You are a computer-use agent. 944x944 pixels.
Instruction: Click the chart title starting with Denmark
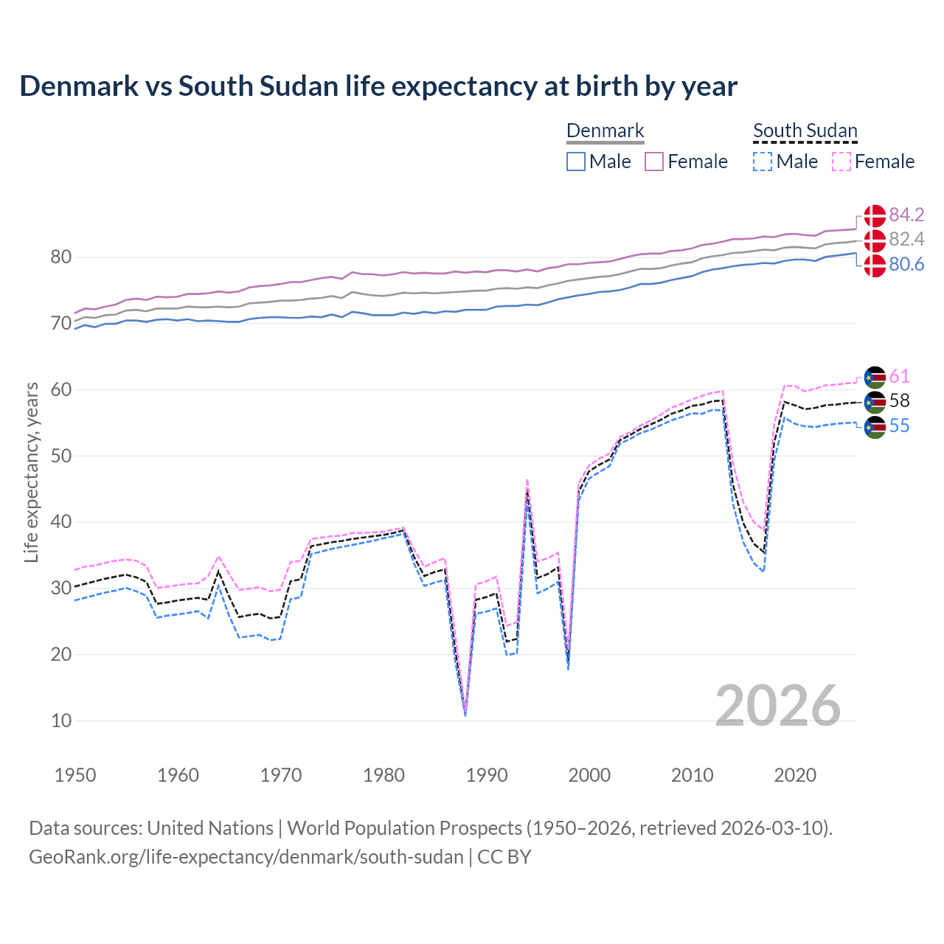click(x=378, y=86)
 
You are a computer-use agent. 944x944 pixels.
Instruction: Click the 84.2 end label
click(x=906, y=215)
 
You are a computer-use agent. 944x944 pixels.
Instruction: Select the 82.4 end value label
click(x=906, y=239)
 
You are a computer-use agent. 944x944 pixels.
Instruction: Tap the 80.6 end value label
click(x=906, y=264)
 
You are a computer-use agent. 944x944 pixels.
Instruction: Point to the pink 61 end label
click(x=899, y=376)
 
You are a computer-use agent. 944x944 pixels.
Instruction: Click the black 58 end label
click(x=899, y=400)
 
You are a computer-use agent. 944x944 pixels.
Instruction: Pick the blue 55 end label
click(x=899, y=426)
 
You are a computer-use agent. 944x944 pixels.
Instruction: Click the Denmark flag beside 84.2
click(x=875, y=216)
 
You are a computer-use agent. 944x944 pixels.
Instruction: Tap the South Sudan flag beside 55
click(x=875, y=427)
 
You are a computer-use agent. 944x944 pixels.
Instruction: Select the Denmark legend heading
click(x=605, y=131)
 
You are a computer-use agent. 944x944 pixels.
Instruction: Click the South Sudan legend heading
click(x=805, y=131)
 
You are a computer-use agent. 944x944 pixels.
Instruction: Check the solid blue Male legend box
click(x=576, y=162)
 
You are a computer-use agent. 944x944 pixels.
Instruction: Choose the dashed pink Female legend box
click(x=841, y=162)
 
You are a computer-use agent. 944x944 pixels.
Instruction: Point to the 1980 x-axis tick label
click(x=383, y=775)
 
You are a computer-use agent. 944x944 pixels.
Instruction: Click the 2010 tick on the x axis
click(x=692, y=775)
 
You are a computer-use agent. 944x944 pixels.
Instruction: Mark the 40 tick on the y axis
click(x=61, y=522)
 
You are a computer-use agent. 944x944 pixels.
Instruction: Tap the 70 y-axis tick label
click(x=61, y=323)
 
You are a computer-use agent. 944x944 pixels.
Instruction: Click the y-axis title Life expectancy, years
click(x=31, y=472)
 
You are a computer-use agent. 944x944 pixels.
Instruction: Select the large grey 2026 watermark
click(x=778, y=706)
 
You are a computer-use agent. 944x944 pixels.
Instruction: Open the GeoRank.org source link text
click(x=246, y=857)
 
